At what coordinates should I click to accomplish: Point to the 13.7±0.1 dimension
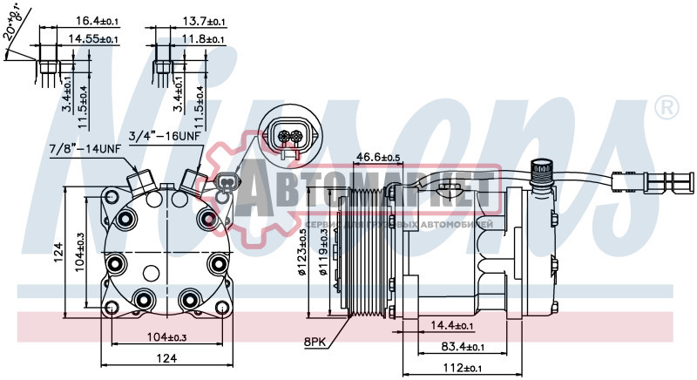coord(201,19)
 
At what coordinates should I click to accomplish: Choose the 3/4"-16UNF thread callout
coord(165,136)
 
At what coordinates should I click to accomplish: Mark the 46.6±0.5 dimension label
coord(376,157)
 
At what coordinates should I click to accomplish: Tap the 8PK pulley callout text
coord(315,343)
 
